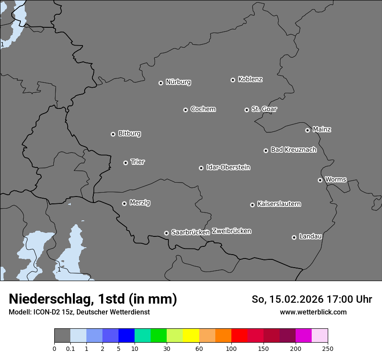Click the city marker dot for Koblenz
click(233, 80)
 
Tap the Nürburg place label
click(178, 82)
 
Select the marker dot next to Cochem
click(185, 110)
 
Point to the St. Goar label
click(264, 109)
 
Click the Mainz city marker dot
click(307, 130)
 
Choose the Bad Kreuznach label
click(293, 150)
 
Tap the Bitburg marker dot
click(113, 134)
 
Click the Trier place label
click(138, 162)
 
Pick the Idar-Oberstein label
click(228, 167)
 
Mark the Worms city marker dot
click(320, 180)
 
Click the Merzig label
click(140, 203)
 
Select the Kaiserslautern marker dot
click(252, 205)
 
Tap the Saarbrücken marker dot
click(166, 233)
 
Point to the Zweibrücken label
click(231, 231)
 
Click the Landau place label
click(310, 236)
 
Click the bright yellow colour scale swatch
click(191, 336)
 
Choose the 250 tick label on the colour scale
click(328, 348)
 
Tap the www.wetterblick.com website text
click(313, 312)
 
